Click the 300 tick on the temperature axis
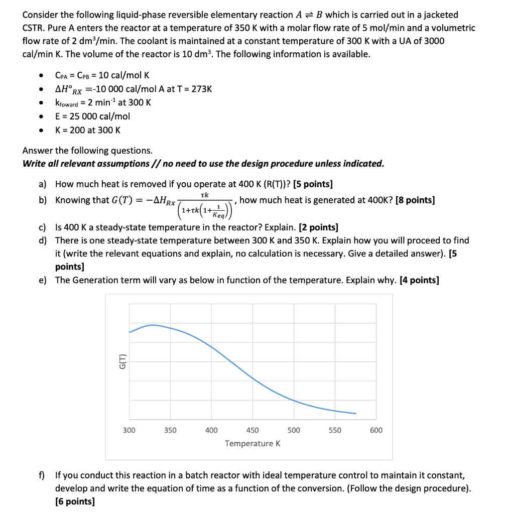129,430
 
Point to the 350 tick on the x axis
170,430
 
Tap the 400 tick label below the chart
211,430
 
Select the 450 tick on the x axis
252,430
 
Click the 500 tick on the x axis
294,430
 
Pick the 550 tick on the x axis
335,430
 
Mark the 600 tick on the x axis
376,430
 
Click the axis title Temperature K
252,444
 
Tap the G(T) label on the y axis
120,361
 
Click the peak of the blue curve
152,325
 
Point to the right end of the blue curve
356,414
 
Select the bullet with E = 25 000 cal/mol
92,116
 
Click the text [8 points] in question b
415,200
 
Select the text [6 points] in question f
75,501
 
